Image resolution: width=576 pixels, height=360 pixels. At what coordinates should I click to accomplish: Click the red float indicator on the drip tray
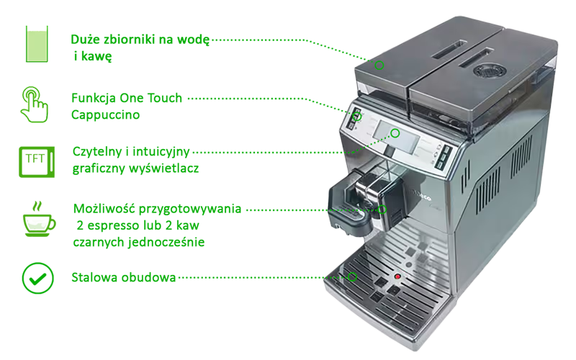pyautogui.click(x=396, y=276)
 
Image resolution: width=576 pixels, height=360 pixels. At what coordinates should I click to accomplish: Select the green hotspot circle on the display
pyautogui.click(x=395, y=133)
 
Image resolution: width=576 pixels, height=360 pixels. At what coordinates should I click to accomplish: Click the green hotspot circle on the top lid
pyautogui.click(x=379, y=66)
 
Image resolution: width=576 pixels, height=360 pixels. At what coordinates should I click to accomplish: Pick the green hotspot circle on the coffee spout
pyautogui.click(x=382, y=210)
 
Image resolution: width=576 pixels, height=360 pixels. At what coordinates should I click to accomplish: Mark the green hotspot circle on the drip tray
pyautogui.click(x=353, y=277)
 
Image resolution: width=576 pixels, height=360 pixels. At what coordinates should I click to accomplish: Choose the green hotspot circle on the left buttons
pyautogui.click(x=356, y=117)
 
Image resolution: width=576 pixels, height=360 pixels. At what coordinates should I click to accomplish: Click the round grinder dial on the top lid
pyautogui.click(x=489, y=69)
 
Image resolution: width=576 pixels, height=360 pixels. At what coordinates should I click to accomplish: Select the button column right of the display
pyautogui.click(x=444, y=156)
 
